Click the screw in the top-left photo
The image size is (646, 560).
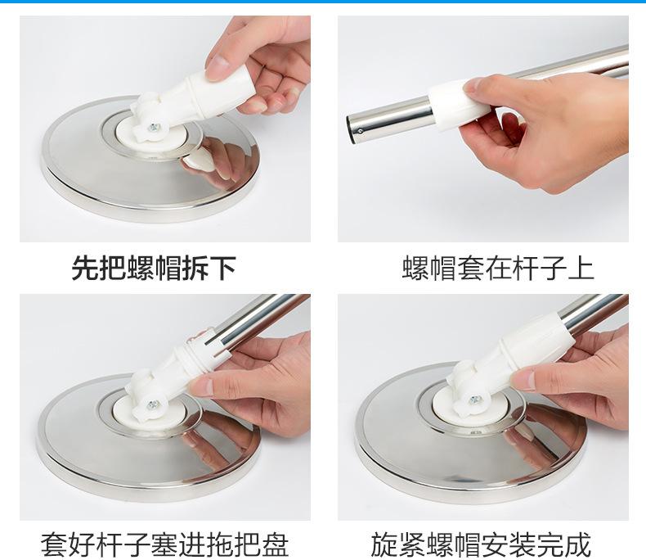(x=154, y=128)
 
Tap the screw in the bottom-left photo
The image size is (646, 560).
(x=153, y=405)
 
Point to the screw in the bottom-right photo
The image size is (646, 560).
(x=476, y=400)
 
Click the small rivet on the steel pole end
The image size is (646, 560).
(x=361, y=132)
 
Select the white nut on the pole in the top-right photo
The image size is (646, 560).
(x=459, y=105)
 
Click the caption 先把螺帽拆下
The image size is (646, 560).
(x=154, y=268)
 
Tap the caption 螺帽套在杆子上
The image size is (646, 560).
(x=498, y=268)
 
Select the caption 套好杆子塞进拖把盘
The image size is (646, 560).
(x=165, y=544)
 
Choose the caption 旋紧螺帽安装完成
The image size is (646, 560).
(x=481, y=544)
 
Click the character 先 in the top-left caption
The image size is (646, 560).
(x=85, y=268)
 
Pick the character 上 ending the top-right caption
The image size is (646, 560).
(x=581, y=268)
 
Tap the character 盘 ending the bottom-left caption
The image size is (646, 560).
(x=276, y=544)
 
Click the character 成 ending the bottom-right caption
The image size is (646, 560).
(x=578, y=544)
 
